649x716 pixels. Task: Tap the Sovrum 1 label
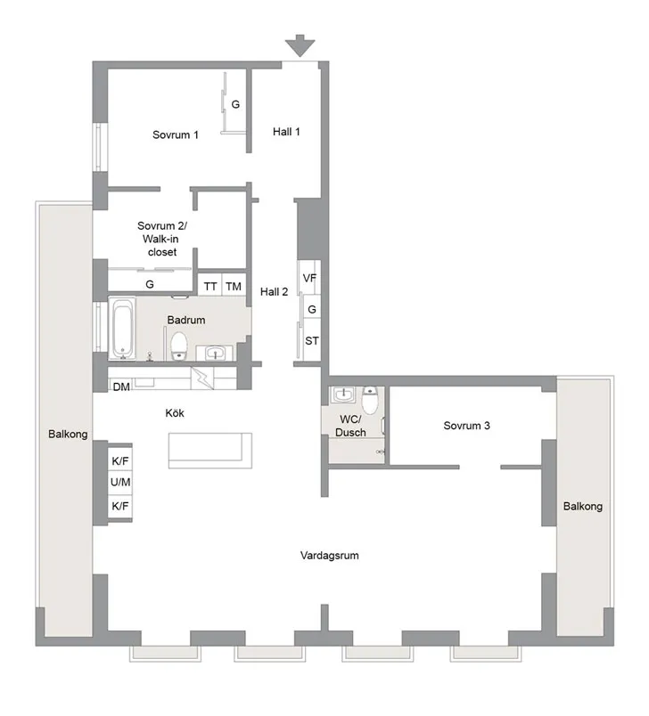point(175,134)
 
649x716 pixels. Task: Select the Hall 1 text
point(286,132)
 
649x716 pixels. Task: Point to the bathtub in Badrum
point(122,328)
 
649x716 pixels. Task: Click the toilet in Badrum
point(178,343)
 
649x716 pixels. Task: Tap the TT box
point(210,286)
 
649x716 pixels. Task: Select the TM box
point(234,286)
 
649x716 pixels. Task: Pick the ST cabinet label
point(312,341)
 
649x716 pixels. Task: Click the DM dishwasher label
point(121,386)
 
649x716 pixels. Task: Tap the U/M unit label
point(119,484)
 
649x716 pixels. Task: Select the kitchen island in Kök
point(210,450)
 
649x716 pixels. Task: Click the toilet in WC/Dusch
point(369,400)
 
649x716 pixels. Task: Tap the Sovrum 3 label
point(466,426)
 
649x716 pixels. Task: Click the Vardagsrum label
point(329,555)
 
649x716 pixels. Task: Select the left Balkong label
point(68,435)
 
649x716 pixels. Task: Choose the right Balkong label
point(583,506)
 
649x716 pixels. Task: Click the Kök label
point(176,413)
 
